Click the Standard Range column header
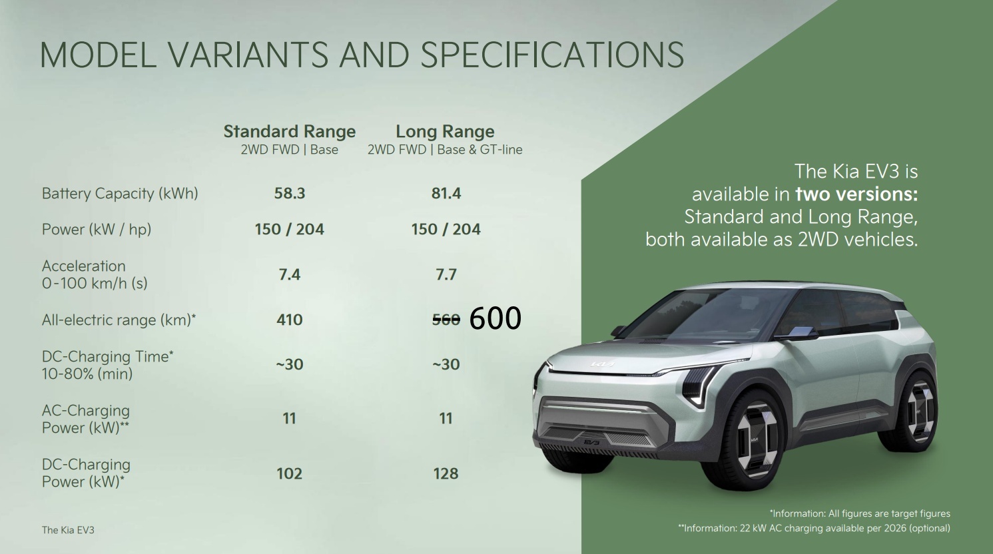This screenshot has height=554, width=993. point(290,131)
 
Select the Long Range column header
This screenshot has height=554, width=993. point(445,131)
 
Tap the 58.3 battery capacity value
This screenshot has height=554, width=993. point(290,193)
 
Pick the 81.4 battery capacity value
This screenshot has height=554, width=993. point(446,193)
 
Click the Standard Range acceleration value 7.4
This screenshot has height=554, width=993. point(290,274)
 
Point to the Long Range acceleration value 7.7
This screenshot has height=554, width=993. point(446,274)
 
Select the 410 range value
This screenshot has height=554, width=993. point(290,320)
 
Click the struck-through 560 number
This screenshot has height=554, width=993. point(446,320)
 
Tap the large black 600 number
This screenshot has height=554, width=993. point(496,318)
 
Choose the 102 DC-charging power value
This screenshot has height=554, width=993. point(290,473)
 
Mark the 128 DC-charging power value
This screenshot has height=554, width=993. point(446,473)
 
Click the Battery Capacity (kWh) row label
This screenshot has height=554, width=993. point(120,194)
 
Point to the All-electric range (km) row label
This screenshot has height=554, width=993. point(119,320)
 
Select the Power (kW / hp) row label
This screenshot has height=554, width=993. point(97,230)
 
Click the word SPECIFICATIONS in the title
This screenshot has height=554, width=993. point(552,55)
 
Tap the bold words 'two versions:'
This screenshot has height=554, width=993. point(856,194)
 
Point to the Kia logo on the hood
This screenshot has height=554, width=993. point(601,365)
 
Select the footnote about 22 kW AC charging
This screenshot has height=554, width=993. point(814,528)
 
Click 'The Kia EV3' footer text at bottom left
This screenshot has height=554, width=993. point(68,530)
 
